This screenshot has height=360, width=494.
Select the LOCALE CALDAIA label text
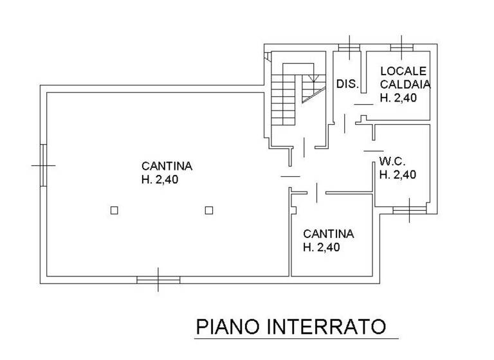(405, 77)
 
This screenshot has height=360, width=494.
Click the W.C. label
(391, 160)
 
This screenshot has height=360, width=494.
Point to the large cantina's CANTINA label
(167, 166)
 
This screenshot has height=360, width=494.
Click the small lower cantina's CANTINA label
(328, 233)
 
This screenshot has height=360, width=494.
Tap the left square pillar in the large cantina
(114, 210)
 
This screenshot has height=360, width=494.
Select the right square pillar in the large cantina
(208, 210)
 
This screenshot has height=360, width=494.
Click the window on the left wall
(44, 165)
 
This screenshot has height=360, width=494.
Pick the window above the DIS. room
(349, 46)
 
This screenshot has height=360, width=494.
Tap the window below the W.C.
(409, 210)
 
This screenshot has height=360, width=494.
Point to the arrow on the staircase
(313, 81)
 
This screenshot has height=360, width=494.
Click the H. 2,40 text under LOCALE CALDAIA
(398, 98)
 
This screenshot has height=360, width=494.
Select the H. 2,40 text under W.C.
(398, 174)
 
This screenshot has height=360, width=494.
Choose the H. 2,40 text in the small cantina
(322, 248)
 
